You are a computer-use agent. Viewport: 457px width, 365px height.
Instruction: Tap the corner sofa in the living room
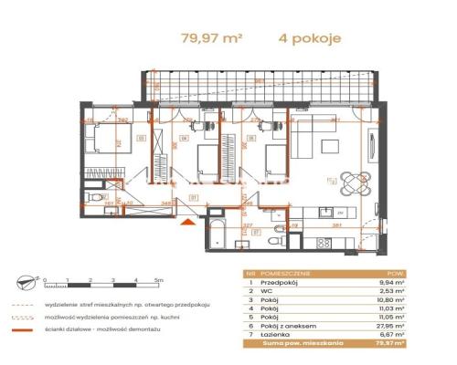pos(315,144)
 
